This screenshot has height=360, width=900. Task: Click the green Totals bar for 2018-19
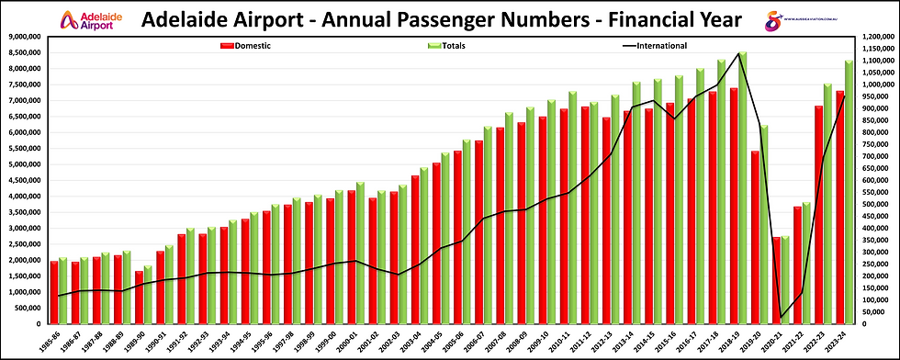(x=742, y=184)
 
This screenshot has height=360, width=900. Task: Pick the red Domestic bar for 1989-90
(x=139, y=298)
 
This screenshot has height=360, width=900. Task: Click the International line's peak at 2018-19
(x=739, y=54)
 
